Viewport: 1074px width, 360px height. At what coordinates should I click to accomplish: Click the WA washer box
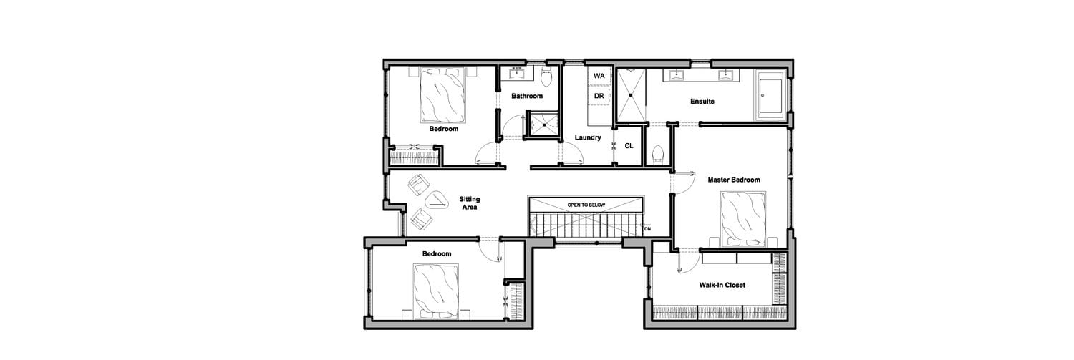599,76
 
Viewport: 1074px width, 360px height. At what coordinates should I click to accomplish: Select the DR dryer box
599,96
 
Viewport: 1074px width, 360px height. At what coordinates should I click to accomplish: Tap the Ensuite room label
702,101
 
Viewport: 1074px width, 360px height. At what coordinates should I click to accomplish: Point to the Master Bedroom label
734,180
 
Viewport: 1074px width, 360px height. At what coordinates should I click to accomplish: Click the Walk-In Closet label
722,285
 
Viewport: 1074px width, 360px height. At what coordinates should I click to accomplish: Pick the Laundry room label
588,137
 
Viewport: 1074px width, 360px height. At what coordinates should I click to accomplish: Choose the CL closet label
629,146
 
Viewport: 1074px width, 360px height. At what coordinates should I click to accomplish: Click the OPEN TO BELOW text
586,205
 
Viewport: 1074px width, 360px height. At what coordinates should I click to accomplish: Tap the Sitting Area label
470,203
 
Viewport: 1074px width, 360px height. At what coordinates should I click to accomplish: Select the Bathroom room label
527,96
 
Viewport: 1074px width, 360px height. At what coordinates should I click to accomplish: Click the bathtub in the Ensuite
771,94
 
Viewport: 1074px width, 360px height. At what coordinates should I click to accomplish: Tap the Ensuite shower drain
631,94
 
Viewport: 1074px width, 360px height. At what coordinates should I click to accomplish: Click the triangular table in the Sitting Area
102,201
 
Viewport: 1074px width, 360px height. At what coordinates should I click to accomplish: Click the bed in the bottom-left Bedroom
436,291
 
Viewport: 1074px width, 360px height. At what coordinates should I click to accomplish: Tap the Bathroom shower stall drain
544,125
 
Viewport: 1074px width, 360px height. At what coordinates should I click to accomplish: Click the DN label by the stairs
648,229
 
